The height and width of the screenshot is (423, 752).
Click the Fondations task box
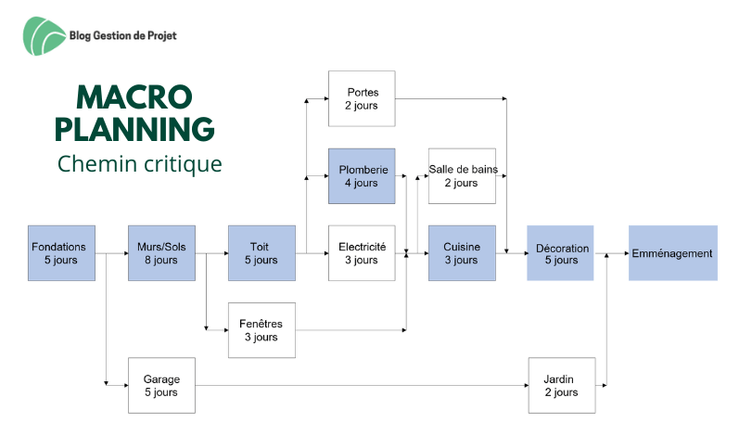[x=61, y=252]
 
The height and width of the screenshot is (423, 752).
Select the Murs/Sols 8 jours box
[x=161, y=252]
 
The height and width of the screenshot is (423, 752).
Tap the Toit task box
[x=261, y=252]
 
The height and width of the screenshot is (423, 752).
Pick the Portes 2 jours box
[x=362, y=98]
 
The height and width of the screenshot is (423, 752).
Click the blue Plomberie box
[x=362, y=175]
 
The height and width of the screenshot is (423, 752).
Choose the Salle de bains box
[x=461, y=175]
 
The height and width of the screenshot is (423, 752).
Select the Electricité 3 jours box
[x=362, y=252]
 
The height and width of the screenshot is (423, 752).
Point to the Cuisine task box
[x=461, y=252]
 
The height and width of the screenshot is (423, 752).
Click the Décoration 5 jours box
[x=560, y=252]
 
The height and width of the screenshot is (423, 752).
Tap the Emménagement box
[x=672, y=252]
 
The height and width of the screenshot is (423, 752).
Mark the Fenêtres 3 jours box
[x=261, y=329]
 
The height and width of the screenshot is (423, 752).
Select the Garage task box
[x=161, y=385]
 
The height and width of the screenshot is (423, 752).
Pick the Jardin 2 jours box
[x=561, y=385]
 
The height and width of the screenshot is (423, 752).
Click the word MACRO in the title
[x=134, y=96]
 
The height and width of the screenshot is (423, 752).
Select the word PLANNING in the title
[x=134, y=128]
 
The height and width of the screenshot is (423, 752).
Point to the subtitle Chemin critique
[x=139, y=164]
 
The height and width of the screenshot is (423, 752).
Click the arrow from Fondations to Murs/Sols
[x=111, y=252]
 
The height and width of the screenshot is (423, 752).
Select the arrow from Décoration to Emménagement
[x=611, y=252]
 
